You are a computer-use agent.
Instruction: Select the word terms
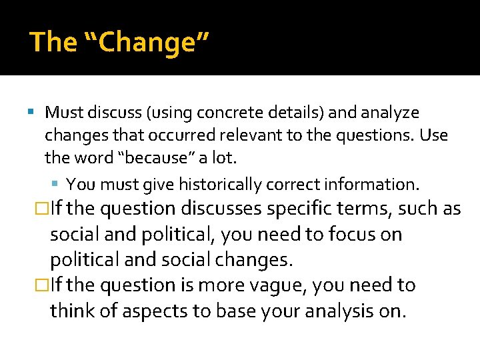click(x=365, y=209)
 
